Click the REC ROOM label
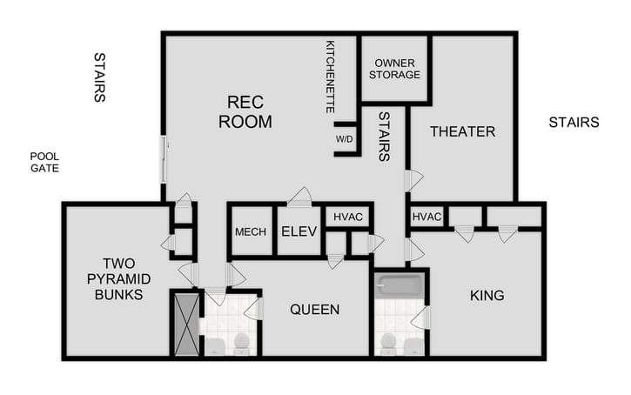(245, 112)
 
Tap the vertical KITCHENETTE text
(331, 77)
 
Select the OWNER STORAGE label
(394, 69)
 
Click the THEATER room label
(462, 132)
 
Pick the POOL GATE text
(44, 162)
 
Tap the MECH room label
(251, 232)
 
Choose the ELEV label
(299, 232)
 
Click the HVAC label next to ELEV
(347, 217)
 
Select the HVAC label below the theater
(426, 217)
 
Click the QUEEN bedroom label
(314, 309)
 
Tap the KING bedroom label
(487, 296)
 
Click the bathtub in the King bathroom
(399, 285)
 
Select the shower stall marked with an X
(186, 324)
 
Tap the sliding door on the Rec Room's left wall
(163, 159)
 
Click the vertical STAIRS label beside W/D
(383, 136)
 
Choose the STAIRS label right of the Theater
(574, 123)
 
